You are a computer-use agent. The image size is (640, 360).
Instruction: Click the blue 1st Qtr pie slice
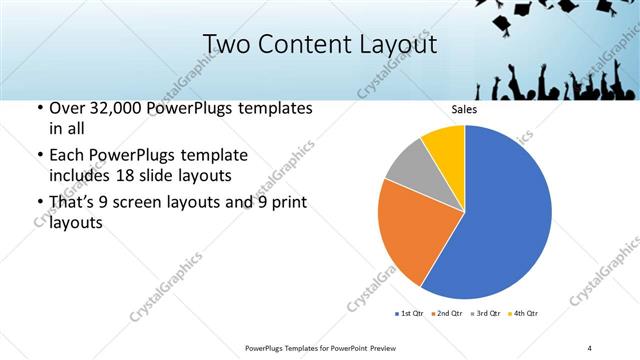(x=505, y=215)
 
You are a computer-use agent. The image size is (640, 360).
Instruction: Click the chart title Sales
(x=464, y=109)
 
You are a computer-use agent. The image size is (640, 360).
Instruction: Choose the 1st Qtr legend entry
(x=410, y=314)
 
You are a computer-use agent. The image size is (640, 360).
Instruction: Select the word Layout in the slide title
(x=397, y=45)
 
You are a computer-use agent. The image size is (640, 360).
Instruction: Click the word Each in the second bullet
(x=68, y=156)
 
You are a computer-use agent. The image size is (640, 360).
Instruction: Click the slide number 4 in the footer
(x=589, y=347)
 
